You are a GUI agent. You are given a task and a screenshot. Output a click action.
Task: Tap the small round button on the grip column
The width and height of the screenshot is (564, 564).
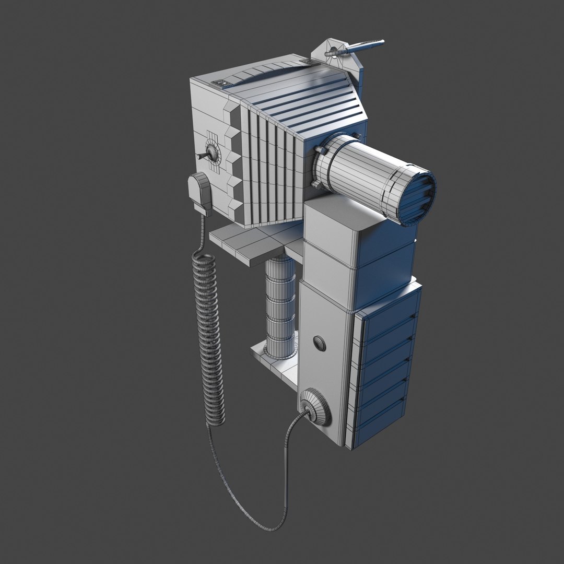pos(319,343)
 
